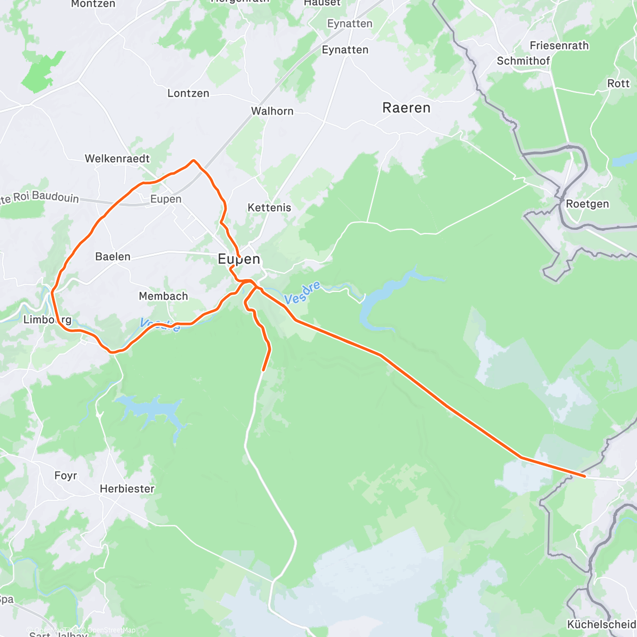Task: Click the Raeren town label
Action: coord(406,108)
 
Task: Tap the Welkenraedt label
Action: coord(117,159)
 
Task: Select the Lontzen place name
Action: coord(188,93)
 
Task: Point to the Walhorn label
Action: coord(272,111)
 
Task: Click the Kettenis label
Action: coord(270,208)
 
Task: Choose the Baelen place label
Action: coord(113,257)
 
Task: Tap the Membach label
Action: coord(163,296)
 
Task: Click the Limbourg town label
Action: coord(47,320)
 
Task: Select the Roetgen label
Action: coord(588,204)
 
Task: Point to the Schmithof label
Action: coord(523,61)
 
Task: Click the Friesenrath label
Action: coord(559,46)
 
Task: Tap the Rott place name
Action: coord(618,83)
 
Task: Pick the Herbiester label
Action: coord(127,489)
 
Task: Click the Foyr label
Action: coord(66,476)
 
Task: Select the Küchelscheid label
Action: coord(601,624)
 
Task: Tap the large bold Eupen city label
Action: coord(239,259)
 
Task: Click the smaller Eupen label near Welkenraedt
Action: coord(166,199)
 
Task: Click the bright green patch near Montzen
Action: coord(42,72)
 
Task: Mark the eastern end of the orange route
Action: coord(585,477)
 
